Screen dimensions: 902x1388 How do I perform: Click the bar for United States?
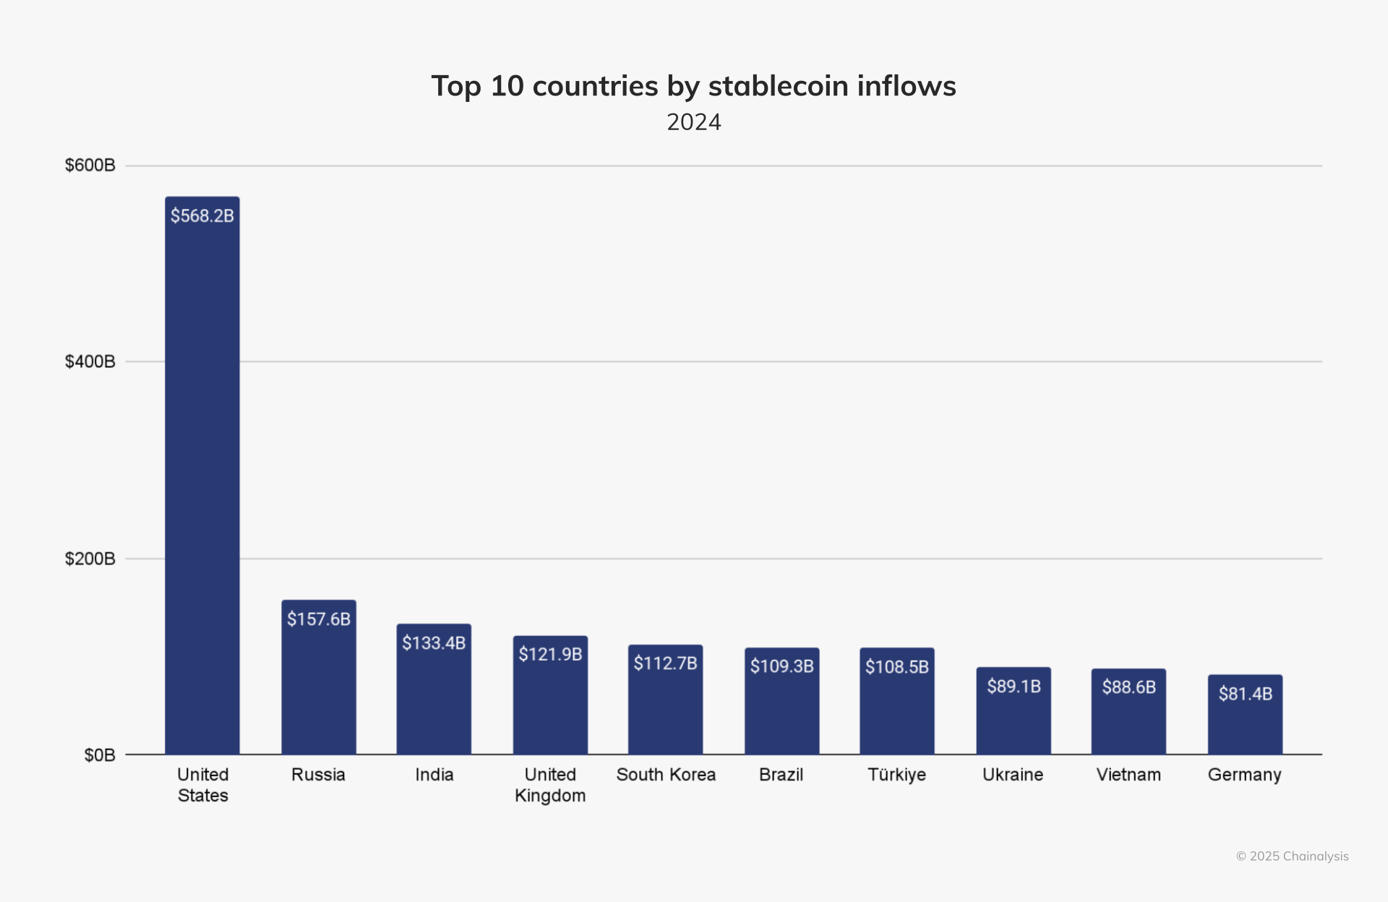coord(202,477)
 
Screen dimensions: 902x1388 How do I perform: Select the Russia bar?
coord(319,687)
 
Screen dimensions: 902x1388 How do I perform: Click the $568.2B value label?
coord(202,215)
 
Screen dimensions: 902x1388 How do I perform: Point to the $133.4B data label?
coord(434,643)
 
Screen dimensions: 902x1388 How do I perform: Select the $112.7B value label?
coord(665,663)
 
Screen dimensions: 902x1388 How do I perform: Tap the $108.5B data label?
coord(897,666)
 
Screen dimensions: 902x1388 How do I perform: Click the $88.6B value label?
coord(1128,687)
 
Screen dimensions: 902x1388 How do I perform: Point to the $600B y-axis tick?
coord(90,166)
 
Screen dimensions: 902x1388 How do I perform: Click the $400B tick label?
coord(90,361)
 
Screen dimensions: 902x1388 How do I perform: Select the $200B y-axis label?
coord(90,559)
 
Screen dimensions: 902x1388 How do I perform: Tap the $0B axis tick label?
coord(100,755)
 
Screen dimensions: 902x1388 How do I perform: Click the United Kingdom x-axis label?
coord(550,785)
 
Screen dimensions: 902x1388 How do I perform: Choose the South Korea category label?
coord(666,775)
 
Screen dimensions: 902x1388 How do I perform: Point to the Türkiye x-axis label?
coord(896,775)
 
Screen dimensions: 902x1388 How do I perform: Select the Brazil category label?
coord(781,775)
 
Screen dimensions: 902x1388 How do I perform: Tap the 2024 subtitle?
coord(694,122)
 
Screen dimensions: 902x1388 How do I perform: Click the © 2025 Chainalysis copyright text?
coord(1292,856)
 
